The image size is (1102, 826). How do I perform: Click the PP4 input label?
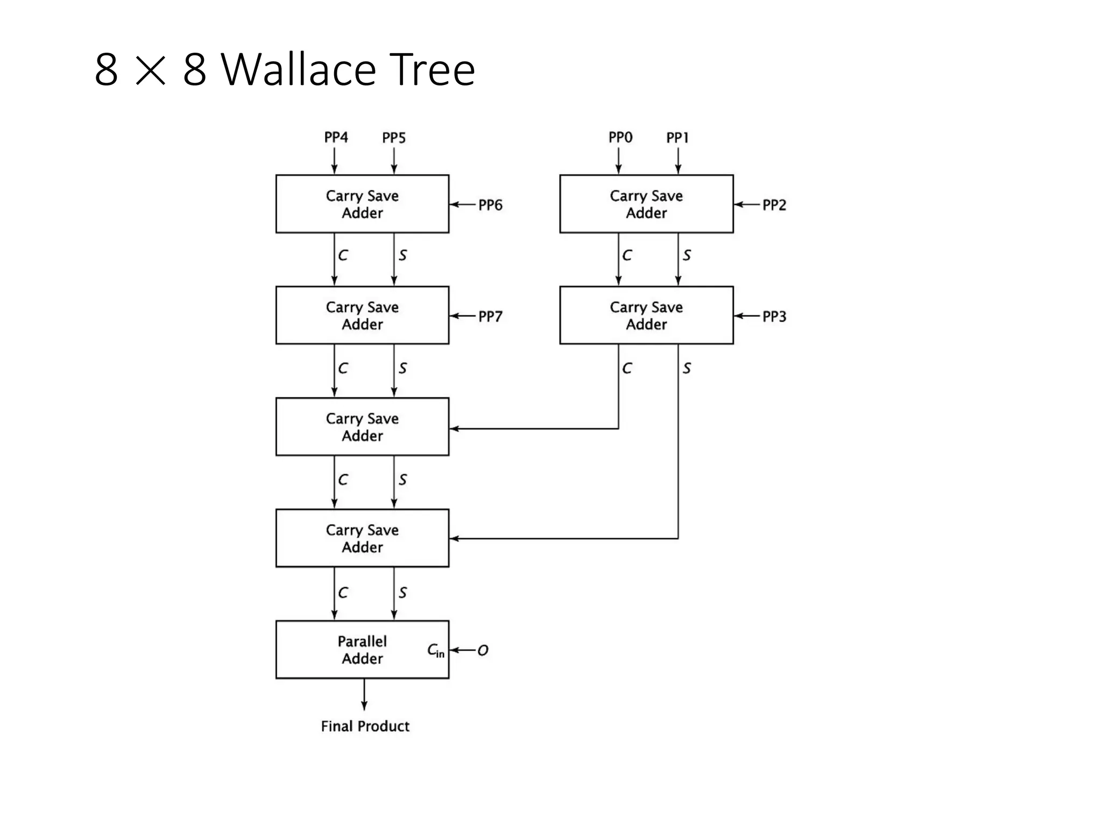click(x=336, y=138)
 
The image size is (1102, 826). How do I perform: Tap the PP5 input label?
click(x=394, y=138)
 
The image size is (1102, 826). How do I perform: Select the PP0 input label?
click(x=620, y=138)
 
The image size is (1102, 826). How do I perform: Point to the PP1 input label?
click(x=677, y=138)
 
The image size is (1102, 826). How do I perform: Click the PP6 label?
click(x=490, y=205)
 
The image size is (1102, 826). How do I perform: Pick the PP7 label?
click(x=490, y=316)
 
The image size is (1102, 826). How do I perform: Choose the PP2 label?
click(x=774, y=205)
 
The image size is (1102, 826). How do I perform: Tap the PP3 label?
click(x=774, y=316)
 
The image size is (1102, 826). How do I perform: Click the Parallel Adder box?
click(x=362, y=650)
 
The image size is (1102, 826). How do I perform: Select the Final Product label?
click(x=365, y=727)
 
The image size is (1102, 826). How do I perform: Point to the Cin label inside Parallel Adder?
click(x=435, y=651)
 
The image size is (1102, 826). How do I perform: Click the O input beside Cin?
click(x=483, y=651)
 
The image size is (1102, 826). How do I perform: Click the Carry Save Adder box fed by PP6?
click(x=362, y=204)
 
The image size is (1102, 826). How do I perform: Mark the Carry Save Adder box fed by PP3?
click(x=646, y=315)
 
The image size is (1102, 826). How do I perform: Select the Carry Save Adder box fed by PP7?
click(x=362, y=315)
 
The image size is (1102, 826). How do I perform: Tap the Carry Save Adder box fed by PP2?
click(x=646, y=204)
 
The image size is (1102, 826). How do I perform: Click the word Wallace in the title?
click(x=298, y=69)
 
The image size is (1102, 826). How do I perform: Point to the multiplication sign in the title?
click(x=150, y=71)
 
